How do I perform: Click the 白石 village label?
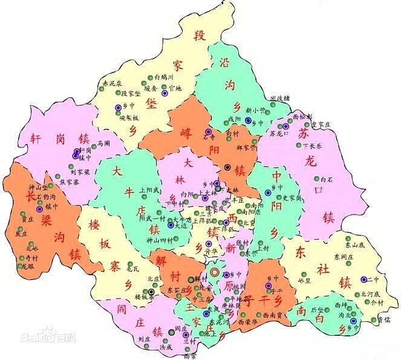click(x=327, y=179)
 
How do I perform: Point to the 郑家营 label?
click(x=246, y=147)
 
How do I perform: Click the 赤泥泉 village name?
click(x=112, y=83)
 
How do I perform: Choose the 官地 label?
click(x=175, y=88)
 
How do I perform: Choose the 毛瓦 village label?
click(x=132, y=267)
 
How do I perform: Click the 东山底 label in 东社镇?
click(x=354, y=246)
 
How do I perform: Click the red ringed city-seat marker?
click(x=214, y=273)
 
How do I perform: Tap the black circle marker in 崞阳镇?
click(x=227, y=167)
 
